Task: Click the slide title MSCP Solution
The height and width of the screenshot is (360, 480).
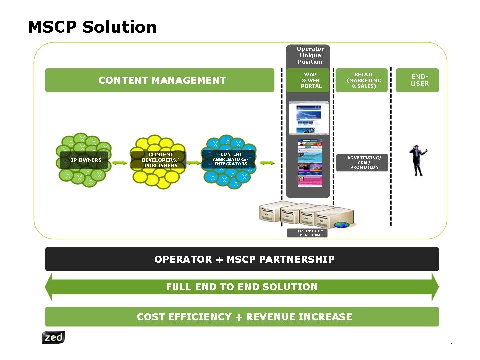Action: point(92,27)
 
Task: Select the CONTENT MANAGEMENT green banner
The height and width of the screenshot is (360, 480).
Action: point(160,80)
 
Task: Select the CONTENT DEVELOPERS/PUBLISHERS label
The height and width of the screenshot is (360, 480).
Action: point(158,160)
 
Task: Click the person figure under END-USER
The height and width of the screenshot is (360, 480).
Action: point(417,160)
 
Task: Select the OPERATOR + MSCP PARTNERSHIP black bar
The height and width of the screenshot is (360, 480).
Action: point(242,259)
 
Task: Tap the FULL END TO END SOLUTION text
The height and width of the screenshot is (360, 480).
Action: point(242,287)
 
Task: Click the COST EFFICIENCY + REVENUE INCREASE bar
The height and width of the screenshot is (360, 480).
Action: point(242,317)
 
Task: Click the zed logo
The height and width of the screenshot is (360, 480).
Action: point(53,338)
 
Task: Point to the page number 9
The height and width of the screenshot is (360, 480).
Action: point(452,342)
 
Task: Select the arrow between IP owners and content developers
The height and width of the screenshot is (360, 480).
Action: point(119,163)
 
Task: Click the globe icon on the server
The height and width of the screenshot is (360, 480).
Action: point(342,225)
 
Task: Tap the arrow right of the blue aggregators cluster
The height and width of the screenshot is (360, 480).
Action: point(268,163)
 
